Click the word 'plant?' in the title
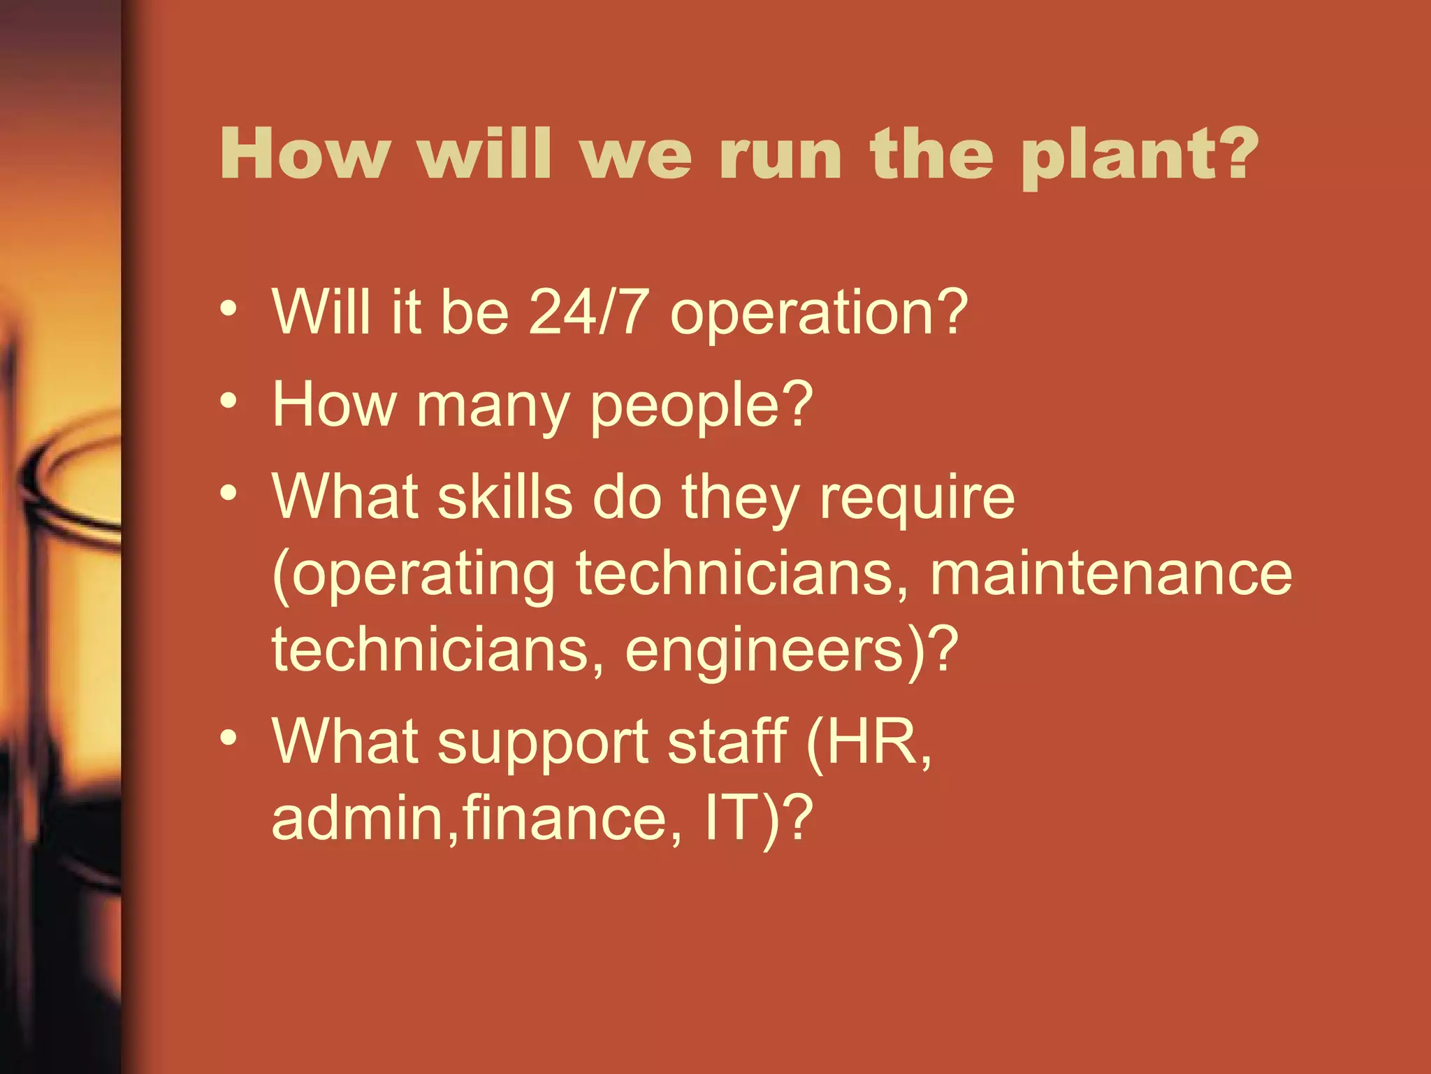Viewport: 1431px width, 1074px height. pyautogui.click(x=1139, y=155)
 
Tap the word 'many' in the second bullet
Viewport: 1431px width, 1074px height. pyautogui.click(x=493, y=406)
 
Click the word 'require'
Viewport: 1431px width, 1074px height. pyautogui.click(x=917, y=498)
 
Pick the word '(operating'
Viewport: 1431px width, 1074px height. pyautogui.click(x=413, y=575)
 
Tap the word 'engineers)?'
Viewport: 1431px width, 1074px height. pyautogui.click(x=791, y=651)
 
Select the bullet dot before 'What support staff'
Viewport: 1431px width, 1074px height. pyautogui.click(x=228, y=738)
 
